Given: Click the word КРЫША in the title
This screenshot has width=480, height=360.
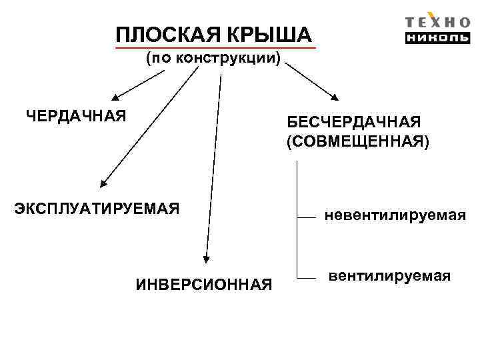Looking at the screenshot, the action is [271, 34].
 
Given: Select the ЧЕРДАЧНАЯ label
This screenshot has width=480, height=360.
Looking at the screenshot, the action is [76, 117].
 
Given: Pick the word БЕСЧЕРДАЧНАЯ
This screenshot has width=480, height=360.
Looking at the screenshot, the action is [354, 123].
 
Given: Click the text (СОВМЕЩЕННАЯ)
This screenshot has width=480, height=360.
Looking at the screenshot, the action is [358, 142].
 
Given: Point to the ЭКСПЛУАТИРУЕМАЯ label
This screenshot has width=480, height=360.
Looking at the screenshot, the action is [97, 209].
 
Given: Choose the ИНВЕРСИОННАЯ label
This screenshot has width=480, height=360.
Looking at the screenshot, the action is [204, 285].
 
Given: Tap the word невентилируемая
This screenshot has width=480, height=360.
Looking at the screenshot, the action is [395, 215].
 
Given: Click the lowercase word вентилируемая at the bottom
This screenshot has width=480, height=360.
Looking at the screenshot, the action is [389, 275].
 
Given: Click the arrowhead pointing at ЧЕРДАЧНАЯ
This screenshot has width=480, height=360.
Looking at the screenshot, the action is [114, 96].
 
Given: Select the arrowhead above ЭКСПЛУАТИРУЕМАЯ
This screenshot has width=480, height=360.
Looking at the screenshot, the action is [103, 182].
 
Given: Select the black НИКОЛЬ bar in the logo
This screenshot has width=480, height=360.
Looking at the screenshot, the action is [437, 37].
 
